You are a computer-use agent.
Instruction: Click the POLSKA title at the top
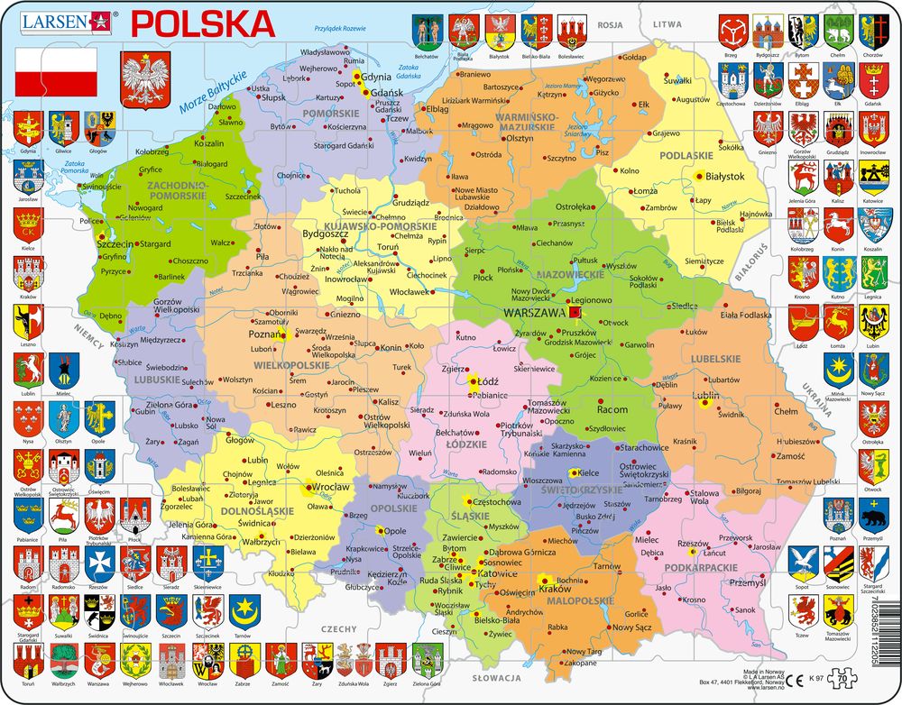pos(203,22)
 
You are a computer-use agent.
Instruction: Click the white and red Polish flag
pos(56,71)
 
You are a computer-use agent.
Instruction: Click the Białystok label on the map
pos(724,177)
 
